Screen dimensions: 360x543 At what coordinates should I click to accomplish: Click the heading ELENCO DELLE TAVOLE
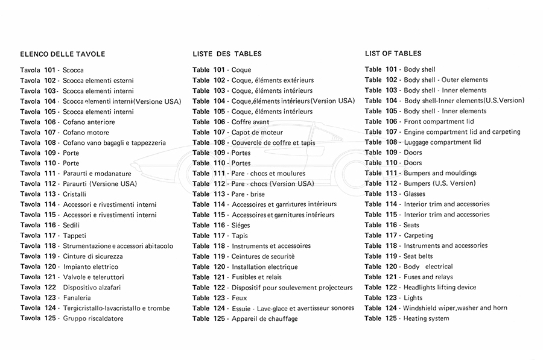point(63,54)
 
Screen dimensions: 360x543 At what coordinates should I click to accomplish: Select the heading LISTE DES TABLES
point(227,54)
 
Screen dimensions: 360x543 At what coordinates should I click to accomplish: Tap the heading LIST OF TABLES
point(393,54)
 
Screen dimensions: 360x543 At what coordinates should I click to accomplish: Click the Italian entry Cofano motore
point(86,133)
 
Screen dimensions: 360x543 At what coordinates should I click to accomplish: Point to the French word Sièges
point(243,226)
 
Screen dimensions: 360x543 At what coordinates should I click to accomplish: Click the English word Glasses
point(414,194)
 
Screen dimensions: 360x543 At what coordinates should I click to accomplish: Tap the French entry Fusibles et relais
point(256,277)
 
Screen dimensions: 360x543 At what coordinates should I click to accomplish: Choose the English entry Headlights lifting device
point(440,288)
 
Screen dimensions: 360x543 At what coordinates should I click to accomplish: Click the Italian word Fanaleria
point(77,298)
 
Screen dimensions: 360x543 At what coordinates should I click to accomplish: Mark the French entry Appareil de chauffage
point(264,319)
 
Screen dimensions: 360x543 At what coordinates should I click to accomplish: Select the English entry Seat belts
point(418,256)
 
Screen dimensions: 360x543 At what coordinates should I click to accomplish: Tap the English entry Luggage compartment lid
point(442,142)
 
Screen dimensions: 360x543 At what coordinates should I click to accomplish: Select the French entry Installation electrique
point(264,267)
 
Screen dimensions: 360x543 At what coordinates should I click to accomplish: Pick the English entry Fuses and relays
point(428,277)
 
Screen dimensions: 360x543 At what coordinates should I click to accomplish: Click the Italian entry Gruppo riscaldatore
point(93,319)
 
